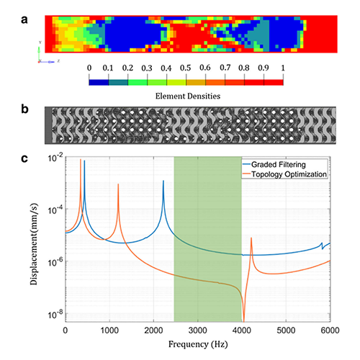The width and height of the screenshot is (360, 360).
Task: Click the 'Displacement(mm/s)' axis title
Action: [x=36, y=241]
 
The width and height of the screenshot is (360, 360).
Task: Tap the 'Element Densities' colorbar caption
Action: [x=186, y=94]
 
